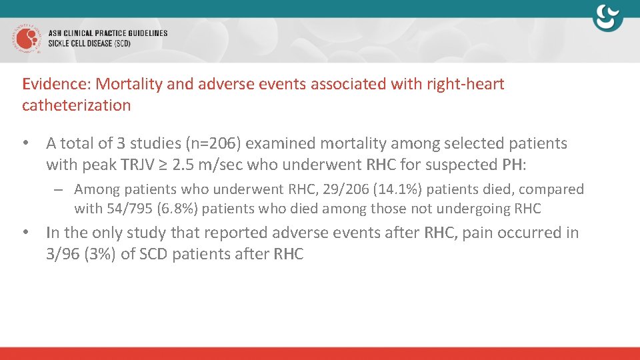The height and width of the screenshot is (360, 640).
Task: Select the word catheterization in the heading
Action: pyautogui.click(x=76, y=105)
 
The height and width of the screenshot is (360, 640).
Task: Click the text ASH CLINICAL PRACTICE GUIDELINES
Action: pyautogui.click(x=108, y=33)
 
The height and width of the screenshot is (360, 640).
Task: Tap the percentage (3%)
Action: pyautogui.click(x=99, y=254)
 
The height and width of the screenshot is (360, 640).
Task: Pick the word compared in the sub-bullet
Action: pyautogui.click(x=551, y=189)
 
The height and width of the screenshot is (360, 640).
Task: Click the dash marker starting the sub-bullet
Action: pyautogui.click(x=59, y=190)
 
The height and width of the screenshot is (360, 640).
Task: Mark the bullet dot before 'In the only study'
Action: pyautogui.click(x=26, y=233)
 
